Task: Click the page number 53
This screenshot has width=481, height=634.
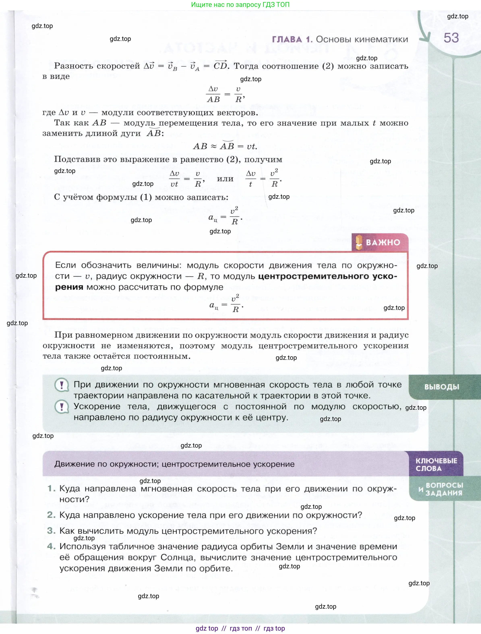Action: pos(451,38)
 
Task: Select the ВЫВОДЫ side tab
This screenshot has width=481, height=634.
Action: pos(442,387)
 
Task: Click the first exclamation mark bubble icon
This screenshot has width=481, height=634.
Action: pos(62,385)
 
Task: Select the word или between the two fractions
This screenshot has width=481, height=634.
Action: pos(225,179)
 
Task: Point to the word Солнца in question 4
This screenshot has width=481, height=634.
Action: pos(178,557)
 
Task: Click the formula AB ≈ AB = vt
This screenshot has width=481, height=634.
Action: pos(225,146)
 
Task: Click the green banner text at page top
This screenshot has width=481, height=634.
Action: pos(240,5)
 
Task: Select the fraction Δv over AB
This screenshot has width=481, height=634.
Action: pos(213,94)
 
